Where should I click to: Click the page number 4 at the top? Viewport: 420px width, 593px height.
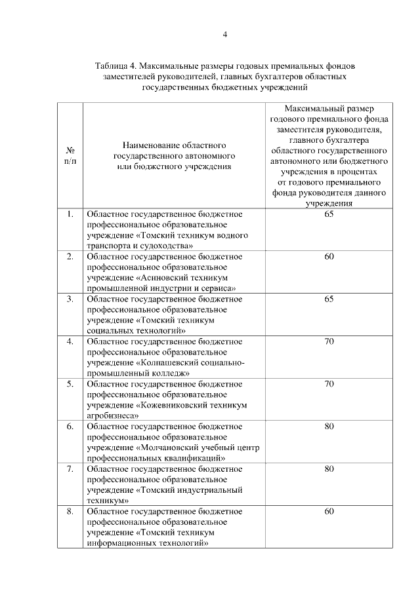pyautogui.click(x=224, y=35)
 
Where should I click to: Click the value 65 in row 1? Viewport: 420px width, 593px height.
pyautogui.click(x=329, y=214)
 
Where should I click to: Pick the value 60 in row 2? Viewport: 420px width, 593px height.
pyautogui.click(x=329, y=256)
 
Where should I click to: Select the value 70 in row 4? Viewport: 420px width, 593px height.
pyautogui.click(x=329, y=341)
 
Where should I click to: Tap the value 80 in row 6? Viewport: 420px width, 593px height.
pyautogui.click(x=329, y=427)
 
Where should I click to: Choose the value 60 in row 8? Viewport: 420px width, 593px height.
pyautogui.click(x=329, y=511)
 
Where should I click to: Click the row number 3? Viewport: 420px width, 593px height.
pyautogui.click(x=70, y=299)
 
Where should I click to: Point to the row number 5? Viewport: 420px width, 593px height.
pyautogui.click(x=70, y=384)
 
